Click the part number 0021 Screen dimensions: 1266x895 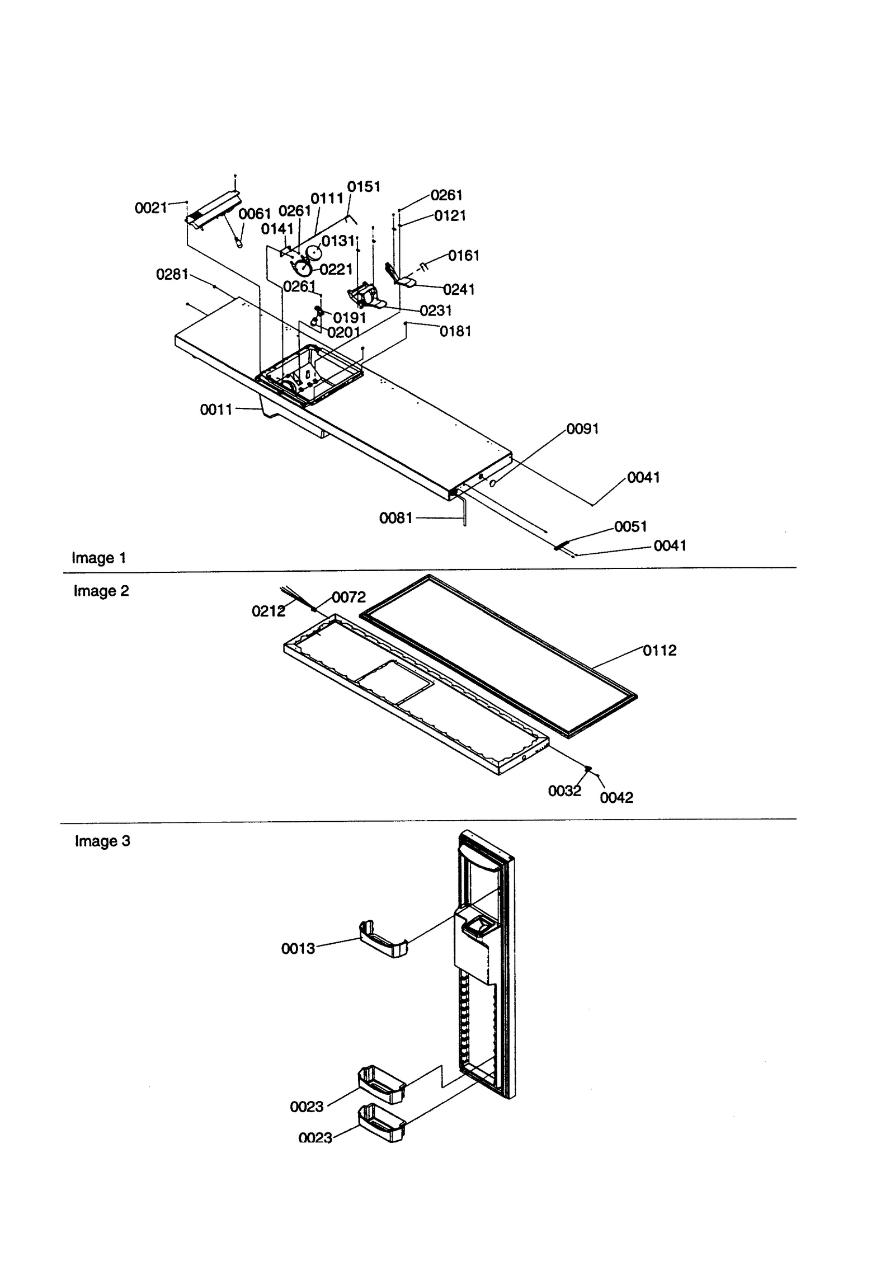pyautogui.click(x=151, y=208)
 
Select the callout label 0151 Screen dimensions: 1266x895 pyautogui.click(x=364, y=187)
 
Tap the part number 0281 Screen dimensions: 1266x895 pyautogui.click(x=172, y=274)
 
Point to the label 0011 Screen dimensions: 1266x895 pyautogui.click(x=216, y=410)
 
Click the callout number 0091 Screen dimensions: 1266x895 pyautogui.click(x=582, y=429)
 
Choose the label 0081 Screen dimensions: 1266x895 pyautogui.click(x=395, y=518)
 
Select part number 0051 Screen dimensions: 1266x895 pyautogui.click(x=630, y=526)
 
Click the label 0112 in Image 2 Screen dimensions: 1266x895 pyautogui.click(x=660, y=650)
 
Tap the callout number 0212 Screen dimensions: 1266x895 pyautogui.click(x=268, y=611)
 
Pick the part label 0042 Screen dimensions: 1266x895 pyautogui.click(x=616, y=798)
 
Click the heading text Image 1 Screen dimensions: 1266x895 pyautogui.click(x=99, y=558)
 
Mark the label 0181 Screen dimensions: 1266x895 pyautogui.click(x=455, y=331)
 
